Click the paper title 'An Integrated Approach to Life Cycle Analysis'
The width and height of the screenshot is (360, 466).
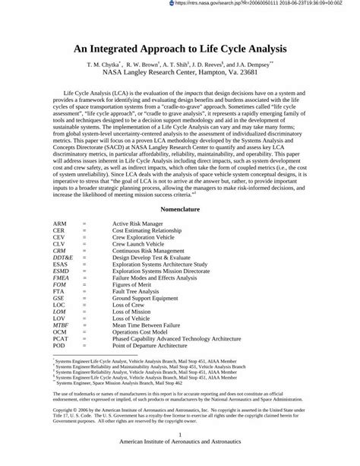tap(179, 48)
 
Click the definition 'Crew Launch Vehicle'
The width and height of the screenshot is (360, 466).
tap(140, 244)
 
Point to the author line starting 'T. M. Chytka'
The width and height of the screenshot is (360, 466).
tap(179, 65)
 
